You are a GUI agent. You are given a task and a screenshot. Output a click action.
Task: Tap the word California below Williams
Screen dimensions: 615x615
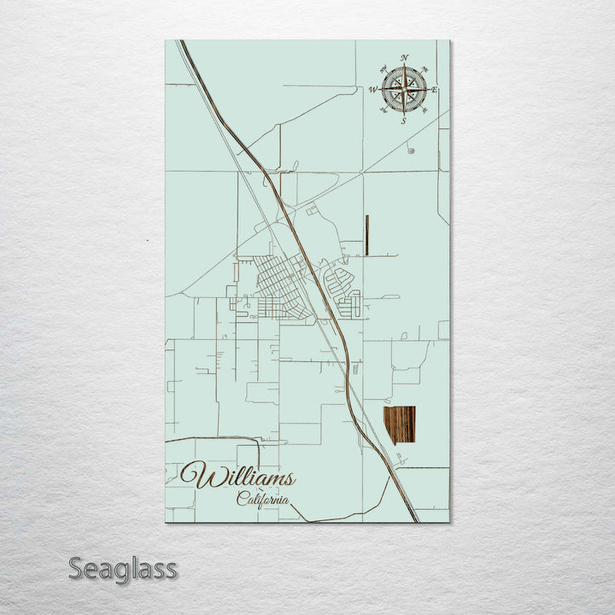(262, 500)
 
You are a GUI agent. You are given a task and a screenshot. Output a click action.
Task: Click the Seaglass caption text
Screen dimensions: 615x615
(122, 568)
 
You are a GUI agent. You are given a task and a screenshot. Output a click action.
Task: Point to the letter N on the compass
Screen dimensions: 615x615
(404, 57)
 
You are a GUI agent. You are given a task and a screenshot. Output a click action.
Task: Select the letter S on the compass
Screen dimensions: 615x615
(404, 121)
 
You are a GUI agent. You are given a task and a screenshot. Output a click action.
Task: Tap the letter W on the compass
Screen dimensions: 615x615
(373, 89)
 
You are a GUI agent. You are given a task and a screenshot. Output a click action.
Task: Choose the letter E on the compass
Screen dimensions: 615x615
(435, 89)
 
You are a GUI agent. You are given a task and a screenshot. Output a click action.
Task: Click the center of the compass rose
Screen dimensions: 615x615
(404, 89)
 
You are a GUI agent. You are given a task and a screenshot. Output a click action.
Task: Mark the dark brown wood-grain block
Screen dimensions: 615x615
(399, 425)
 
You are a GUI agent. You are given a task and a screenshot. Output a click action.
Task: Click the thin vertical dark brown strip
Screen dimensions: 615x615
(366, 236)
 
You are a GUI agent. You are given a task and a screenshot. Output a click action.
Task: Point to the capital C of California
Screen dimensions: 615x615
(242, 500)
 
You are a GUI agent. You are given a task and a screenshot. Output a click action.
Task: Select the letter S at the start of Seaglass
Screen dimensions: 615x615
(76, 568)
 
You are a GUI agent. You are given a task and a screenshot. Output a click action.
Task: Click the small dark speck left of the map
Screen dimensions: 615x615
(147, 242)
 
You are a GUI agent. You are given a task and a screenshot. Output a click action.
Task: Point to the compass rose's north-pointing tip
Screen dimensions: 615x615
(404, 67)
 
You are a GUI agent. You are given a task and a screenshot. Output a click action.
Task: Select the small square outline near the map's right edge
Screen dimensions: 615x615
(443, 330)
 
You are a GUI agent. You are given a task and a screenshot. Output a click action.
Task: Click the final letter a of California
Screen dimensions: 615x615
(284, 501)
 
